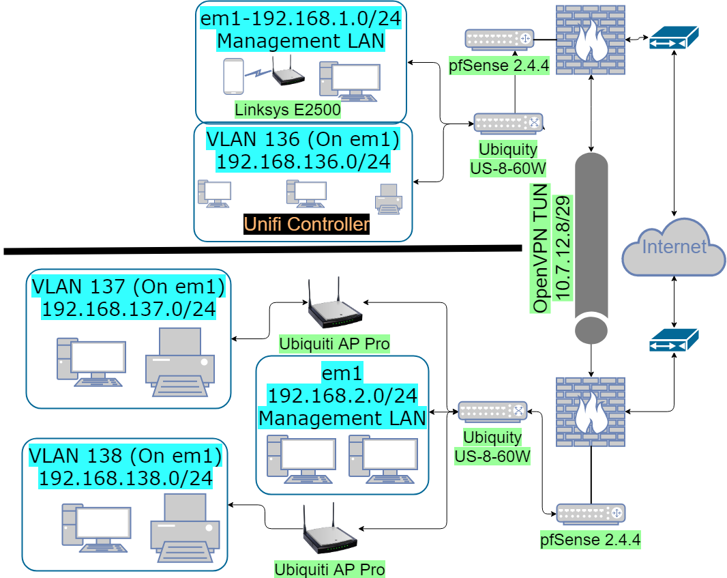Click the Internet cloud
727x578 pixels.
coord(673,246)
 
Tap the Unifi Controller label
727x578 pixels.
coord(306,224)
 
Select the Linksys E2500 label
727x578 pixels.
coord(287,109)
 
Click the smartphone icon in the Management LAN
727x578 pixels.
coord(234,76)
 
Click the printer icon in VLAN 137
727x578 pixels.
coord(181,362)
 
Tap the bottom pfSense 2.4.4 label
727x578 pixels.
coord(591,540)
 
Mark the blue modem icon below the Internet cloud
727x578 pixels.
coord(674,340)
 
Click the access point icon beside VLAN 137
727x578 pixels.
coord(334,307)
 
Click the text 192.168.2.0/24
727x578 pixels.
coord(342,395)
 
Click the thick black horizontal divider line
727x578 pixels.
coord(259,250)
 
